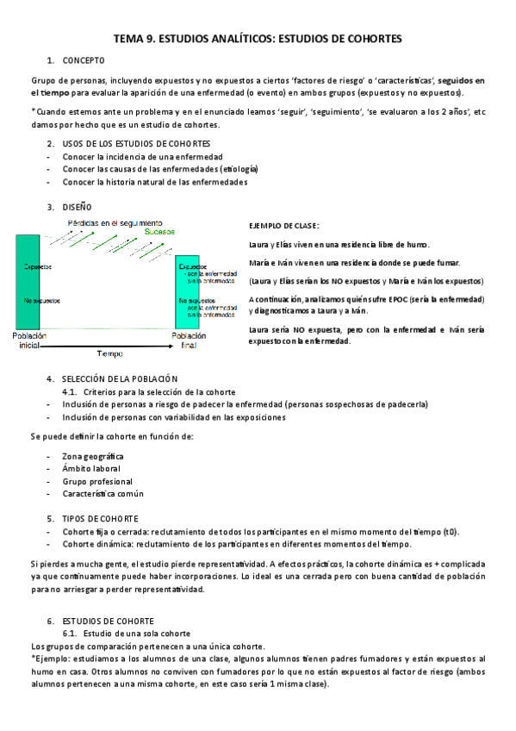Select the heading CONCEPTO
tap(84, 60)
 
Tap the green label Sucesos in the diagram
tap(159, 231)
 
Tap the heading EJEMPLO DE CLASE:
tap(283, 226)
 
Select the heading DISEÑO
tap(78, 207)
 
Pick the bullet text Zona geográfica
tap(93, 455)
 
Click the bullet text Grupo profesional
tap(97, 481)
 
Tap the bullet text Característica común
tap(103, 494)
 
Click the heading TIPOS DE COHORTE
tap(101, 519)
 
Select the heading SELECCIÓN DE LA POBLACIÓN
tap(120, 379)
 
